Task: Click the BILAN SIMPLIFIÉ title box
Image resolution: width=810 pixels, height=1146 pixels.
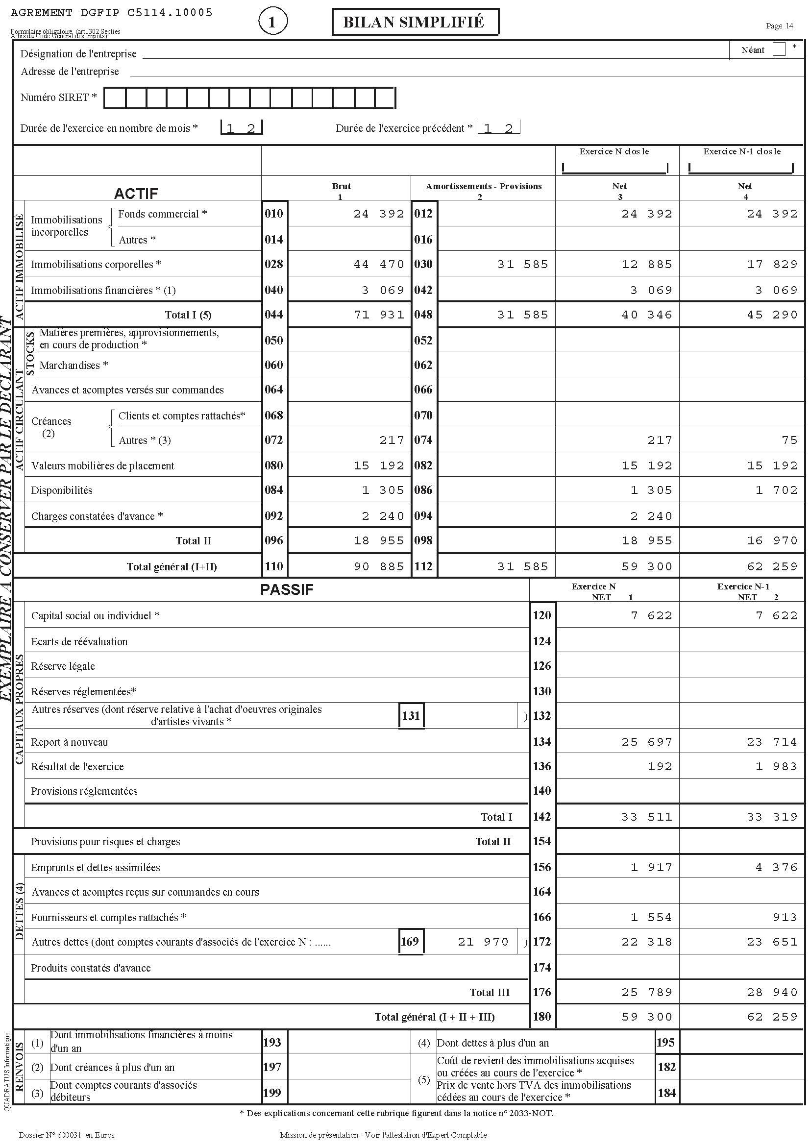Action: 415,23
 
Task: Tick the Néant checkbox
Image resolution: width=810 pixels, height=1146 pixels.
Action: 778,49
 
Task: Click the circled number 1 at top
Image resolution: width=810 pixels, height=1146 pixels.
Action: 272,22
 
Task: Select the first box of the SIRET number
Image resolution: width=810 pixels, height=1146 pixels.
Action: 115,98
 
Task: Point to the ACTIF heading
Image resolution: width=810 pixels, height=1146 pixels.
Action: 136,193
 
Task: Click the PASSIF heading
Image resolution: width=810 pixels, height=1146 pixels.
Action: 287,589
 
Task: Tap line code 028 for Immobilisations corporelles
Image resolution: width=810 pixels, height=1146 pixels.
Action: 274,264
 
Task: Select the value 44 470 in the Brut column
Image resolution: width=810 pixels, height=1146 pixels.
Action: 379,265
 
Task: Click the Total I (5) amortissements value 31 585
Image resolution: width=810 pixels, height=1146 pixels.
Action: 522,315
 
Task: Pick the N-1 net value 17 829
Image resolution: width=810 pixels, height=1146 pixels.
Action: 772,265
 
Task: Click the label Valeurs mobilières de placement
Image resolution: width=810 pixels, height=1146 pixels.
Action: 103,465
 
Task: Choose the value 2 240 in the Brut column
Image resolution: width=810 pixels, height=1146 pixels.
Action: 383,516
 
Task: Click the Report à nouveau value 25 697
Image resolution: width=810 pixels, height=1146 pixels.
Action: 647,742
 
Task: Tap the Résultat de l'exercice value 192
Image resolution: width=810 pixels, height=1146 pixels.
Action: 659,767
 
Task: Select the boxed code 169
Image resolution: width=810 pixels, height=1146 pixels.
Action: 410,942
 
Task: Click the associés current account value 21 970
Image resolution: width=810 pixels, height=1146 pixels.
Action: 483,942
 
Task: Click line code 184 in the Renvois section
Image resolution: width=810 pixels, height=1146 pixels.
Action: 666,1093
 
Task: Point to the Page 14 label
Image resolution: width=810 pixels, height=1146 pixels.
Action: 779,26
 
